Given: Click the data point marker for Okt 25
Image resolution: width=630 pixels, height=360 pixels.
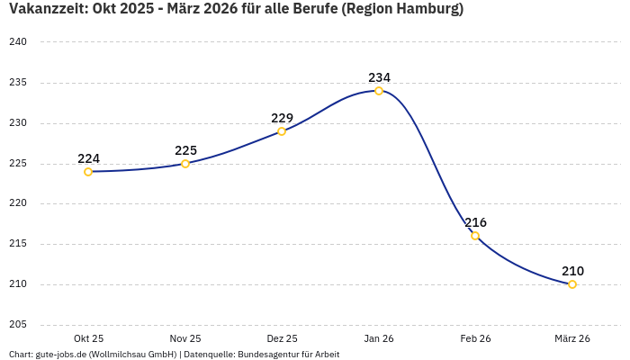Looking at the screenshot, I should [88, 172].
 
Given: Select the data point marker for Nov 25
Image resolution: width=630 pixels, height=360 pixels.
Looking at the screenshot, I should [185, 164].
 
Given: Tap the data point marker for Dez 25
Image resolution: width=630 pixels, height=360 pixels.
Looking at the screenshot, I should [282, 131].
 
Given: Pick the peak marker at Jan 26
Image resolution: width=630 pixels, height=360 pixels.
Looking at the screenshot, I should [379, 91].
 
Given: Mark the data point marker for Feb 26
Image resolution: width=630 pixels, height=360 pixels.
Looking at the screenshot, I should [475, 236].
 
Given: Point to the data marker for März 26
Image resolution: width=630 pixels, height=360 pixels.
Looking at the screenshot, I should [572, 284].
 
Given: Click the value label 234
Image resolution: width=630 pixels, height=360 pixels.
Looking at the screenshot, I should [379, 77].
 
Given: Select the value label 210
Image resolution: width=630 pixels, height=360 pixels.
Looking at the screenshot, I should [572, 271].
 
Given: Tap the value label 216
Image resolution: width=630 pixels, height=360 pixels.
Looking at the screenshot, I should [475, 222].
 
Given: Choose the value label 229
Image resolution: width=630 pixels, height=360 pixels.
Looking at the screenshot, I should [282, 118].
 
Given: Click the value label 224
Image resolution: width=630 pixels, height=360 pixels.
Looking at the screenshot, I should [88, 158].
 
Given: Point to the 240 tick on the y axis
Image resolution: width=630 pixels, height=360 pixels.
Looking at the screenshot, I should [18, 42].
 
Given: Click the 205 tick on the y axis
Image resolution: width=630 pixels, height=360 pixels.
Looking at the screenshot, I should [18, 325].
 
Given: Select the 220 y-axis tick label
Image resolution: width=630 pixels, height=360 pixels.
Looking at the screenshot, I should [18, 203].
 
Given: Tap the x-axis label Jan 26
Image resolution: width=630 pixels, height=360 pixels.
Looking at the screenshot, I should [379, 338].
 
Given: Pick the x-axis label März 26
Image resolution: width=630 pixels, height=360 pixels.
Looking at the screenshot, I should [572, 338].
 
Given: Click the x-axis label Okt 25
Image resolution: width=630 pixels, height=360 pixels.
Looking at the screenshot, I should [88, 338].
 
